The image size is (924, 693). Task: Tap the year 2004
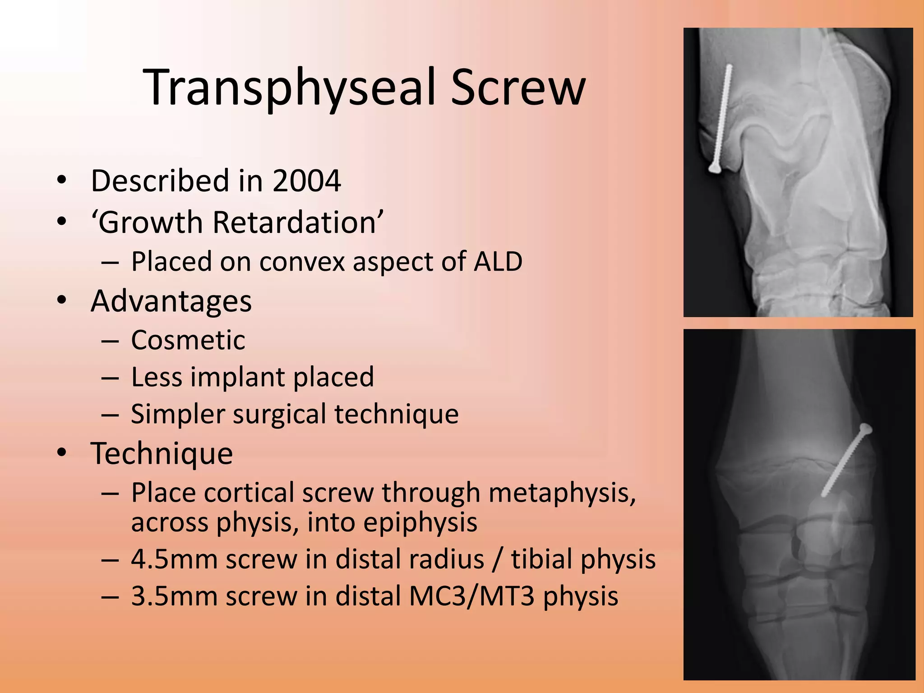[x=307, y=181]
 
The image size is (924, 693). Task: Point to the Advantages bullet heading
[x=171, y=301]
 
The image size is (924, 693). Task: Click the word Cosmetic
[x=188, y=340]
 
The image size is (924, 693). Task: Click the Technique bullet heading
[x=162, y=453]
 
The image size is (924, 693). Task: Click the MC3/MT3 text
[x=472, y=596]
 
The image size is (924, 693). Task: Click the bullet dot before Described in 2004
[x=62, y=181]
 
